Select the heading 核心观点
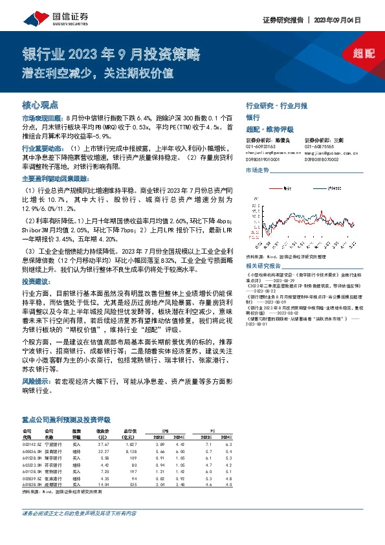[x=40, y=104]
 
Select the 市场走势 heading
[x=258, y=170]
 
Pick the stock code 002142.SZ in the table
[x=32, y=445]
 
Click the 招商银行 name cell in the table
[x=54, y=451]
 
